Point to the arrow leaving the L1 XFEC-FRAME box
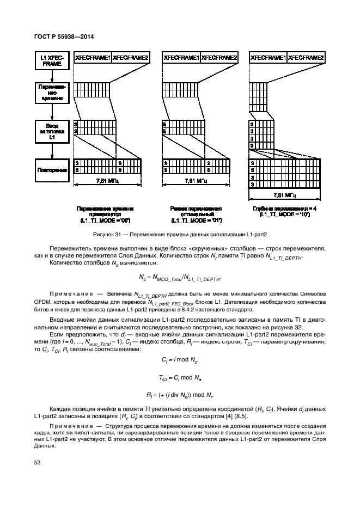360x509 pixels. pos(51,75)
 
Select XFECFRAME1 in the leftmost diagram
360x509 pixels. pos(92,57)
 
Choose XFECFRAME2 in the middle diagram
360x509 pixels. pos(219,57)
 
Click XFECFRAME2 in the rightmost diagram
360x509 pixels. pos(306,57)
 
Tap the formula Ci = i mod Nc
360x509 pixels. pos(180,360)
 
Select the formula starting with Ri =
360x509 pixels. pos(180,394)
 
